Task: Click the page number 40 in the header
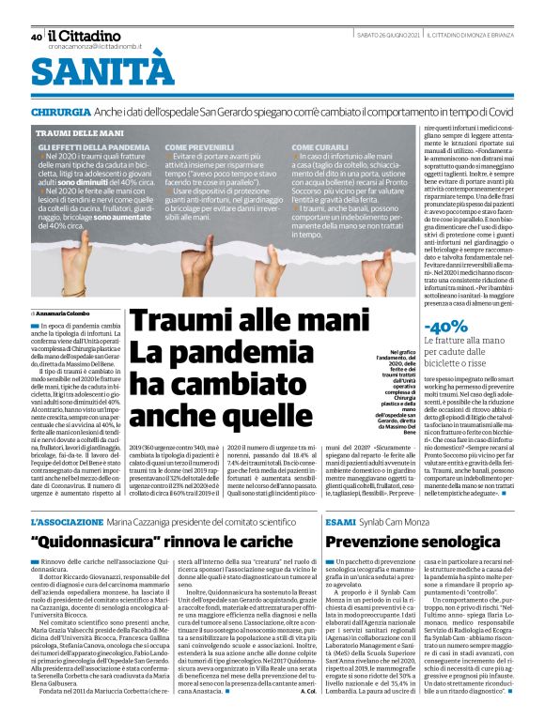[36, 37]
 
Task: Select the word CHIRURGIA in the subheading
[60, 112]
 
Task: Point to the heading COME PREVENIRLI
[200, 148]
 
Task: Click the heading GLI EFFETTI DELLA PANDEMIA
[93, 148]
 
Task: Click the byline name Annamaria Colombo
[63, 313]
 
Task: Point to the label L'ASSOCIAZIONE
[64, 521]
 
